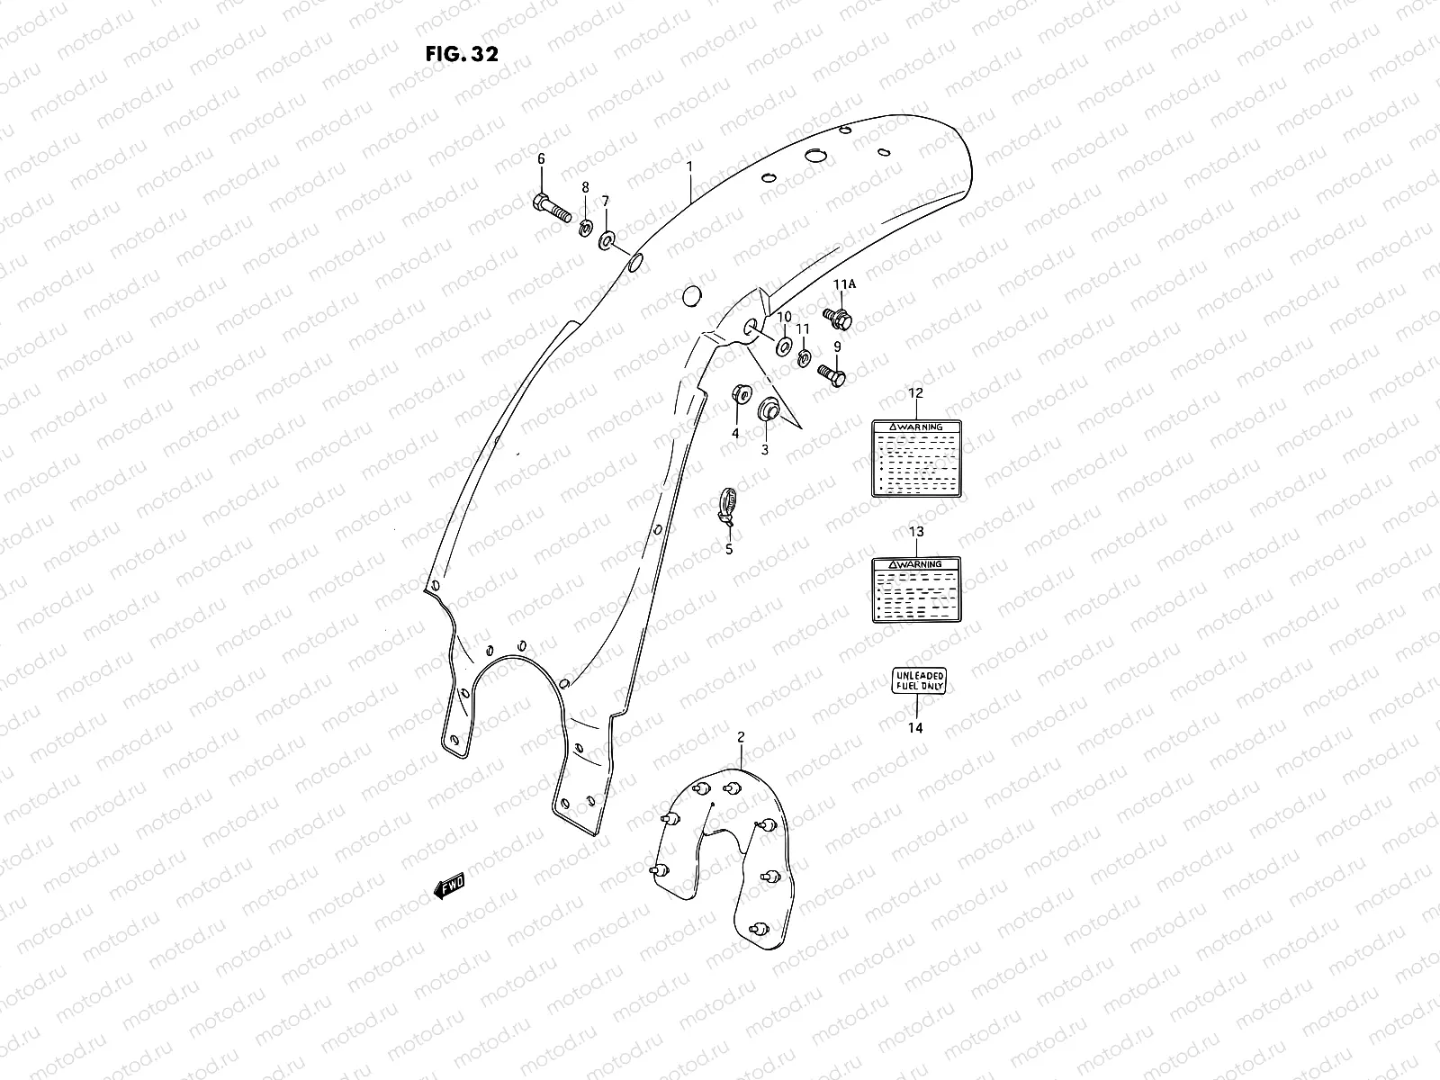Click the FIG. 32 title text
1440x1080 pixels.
tap(461, 53)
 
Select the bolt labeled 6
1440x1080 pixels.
tap(551, 208)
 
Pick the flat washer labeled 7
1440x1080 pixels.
tap(606, 239)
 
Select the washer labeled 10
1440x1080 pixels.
tap(783, 345)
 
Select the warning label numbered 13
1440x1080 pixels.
tap(916, 590)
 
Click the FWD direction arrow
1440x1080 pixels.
tap(449, 887)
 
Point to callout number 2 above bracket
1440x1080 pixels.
tap(741, 737)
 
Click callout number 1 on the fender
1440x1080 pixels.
tap(689, 166)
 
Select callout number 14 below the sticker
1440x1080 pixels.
tap(914, 729)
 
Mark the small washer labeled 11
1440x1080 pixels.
tap(804, 358)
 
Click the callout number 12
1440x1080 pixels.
tap(915, 392)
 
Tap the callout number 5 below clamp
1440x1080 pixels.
tap(729, 548)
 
